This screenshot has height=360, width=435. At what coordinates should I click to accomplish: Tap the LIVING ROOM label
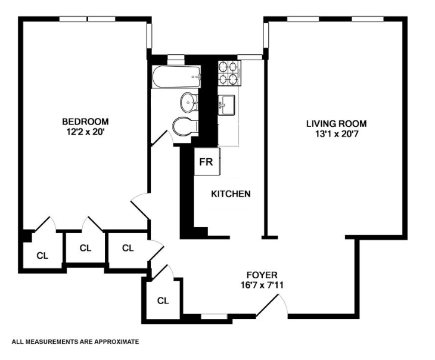click(336, 123)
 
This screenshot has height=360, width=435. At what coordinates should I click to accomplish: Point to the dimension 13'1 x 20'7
click(336, 134)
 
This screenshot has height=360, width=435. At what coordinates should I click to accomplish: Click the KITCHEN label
click(231, 194)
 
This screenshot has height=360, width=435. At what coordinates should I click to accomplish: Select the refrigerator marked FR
click(207, 162)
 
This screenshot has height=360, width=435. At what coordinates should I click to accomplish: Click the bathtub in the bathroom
click(176, 77)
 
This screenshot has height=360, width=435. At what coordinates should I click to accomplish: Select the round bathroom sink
click(189, 103)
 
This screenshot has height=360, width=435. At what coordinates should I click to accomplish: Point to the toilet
click(184, 126)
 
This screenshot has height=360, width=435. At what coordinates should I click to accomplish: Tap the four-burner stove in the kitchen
click(229, 73)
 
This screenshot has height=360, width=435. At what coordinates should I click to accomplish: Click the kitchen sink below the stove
click(226, 105)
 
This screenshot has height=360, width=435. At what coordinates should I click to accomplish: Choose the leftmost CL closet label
click(42, 256)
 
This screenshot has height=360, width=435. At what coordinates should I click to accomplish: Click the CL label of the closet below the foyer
click(163, 300)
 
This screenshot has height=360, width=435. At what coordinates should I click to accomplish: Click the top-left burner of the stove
click(223, 67)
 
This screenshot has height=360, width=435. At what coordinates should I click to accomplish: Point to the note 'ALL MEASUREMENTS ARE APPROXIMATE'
click(75, 342)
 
